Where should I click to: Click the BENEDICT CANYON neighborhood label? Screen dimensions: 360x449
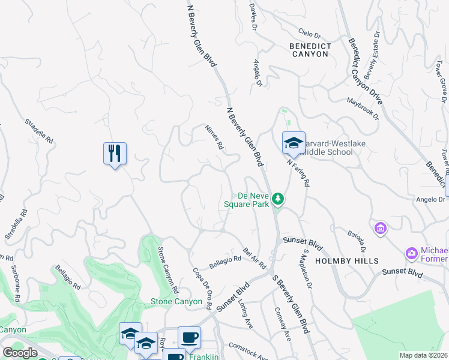(x=309, y=49)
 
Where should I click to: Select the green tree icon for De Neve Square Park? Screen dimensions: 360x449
(x=278, y=198)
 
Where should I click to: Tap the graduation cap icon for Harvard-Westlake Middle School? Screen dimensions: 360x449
(x=294, y=143)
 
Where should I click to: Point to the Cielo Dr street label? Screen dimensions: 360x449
(x=311, y=32)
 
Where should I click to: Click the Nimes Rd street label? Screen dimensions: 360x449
(x=214, y=137)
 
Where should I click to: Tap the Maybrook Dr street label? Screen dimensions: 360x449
(x=363, y=109)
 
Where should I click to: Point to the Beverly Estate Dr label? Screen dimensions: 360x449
(x=370, y=51)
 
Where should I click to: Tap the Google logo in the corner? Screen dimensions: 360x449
(x=20, y=353)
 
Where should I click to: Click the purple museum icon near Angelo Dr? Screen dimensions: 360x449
(x=380, y=228)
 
